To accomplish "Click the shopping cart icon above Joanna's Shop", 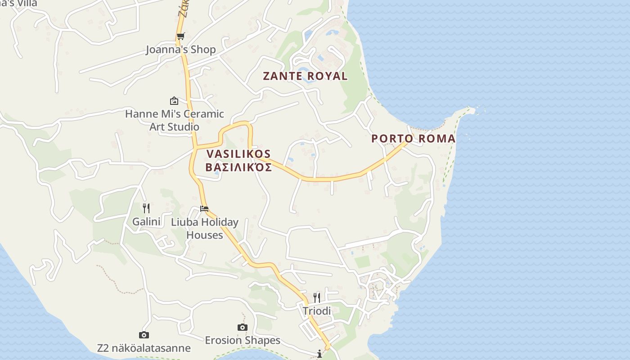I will point(180,36).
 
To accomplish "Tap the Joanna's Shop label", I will point(181,49).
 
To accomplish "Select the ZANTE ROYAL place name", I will point(305,76).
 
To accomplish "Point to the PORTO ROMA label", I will point(413,139).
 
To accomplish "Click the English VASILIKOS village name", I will point(238,154).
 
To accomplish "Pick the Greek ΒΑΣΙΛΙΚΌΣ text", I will point(238,168).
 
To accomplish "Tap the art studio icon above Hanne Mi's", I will point(174,101).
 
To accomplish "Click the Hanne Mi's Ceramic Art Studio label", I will point(175,120).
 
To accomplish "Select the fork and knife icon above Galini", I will point(146,208).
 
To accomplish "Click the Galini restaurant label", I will point(146,221).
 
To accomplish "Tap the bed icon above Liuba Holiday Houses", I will point(204,209).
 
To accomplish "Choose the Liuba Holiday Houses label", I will point(205,229).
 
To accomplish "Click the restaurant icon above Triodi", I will point(317,297).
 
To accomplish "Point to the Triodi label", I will point(317,311).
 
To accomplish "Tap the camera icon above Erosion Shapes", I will point(243,327).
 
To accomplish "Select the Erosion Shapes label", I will point(243,340).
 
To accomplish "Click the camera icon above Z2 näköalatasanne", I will point(144,335).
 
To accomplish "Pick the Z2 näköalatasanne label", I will point(144,348).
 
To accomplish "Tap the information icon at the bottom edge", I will point(319,354).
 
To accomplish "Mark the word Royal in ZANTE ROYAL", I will point(327,76).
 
